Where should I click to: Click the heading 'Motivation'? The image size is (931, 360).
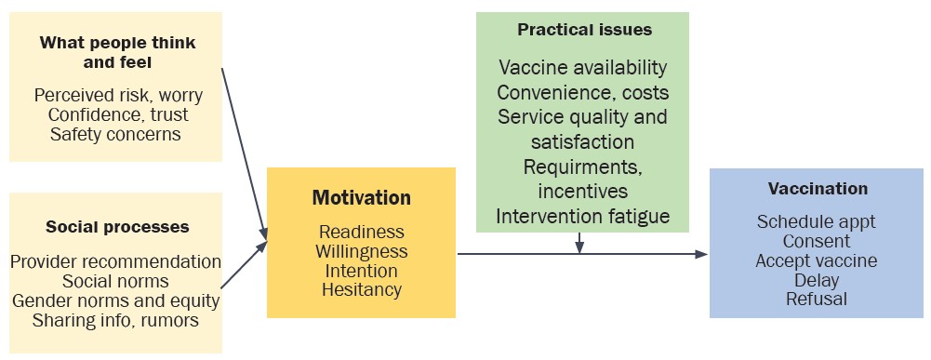pyautogui.click(x=361, y=197)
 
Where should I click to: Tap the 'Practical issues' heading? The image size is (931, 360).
pyautogui.click(x=584, y=30)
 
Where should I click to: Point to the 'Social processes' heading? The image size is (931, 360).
pyautogui.click(x=117, y=227)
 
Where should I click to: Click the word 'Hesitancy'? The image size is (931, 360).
pyautogui.click(x=361, y=290)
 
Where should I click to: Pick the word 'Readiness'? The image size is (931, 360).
pyautogui.click(x=361, y=233)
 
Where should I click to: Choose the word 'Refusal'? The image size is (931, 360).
pyautogui.click(x=817, y=300)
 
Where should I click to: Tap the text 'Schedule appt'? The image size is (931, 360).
pyautogui.click(x=817, y=222)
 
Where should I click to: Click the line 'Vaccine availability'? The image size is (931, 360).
pyautogui.click(x=583, y=68)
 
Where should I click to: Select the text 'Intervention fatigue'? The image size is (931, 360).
pyautogui.click(x=583, y=217)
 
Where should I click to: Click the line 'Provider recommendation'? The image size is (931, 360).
pyautogui.click(x=116, y=262)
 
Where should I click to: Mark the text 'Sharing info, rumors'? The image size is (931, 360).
pyautogui.click(x=116, y=321)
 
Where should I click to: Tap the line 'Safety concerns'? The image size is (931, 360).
pyautogui.click(x=116, y=134)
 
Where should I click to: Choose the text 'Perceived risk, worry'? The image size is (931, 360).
pyautogui.click(x=118, y=96)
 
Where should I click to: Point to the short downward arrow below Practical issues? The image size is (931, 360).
pyautogui.click(x=579, y=241)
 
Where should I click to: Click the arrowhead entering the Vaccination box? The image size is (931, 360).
pyautogui.click(x=702, y=254)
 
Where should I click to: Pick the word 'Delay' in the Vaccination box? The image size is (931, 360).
pyautogui.click(x=817, y=280)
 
